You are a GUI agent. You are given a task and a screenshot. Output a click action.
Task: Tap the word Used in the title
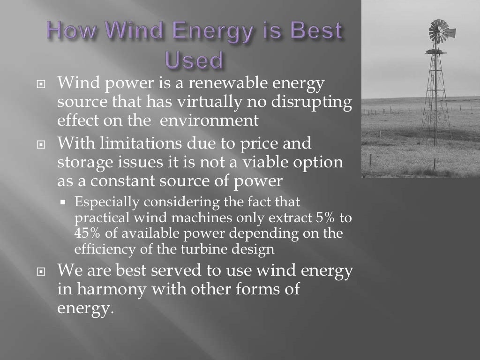(194, 60)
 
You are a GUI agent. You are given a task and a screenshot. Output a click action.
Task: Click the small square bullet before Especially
(62, 203)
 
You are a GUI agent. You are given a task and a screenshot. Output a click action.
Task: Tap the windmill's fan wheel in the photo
(439, 30)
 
